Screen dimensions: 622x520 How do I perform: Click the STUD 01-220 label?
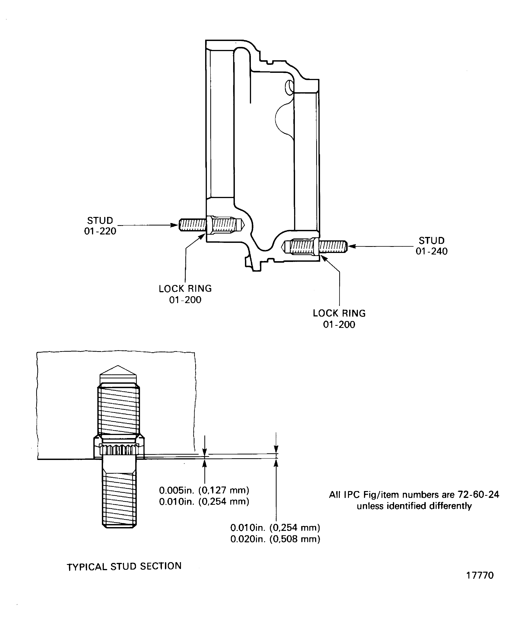coord(100,226)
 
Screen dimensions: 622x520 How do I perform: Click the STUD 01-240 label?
coord(431,246)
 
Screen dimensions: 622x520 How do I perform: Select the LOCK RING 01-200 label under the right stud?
coord(339,319)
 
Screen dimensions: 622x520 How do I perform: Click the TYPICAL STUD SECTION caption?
coord(124,566)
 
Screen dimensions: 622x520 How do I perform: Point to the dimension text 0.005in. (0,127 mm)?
coord(204,490)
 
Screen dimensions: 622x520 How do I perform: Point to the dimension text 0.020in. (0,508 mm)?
coord(275,539)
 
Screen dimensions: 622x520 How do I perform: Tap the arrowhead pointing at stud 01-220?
coord(175,225)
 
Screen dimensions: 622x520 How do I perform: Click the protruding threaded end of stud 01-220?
coord(192,225)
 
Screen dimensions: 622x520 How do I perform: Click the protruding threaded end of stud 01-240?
coord(333,246)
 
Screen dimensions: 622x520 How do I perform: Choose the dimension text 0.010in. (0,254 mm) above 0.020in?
coord(275,527)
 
